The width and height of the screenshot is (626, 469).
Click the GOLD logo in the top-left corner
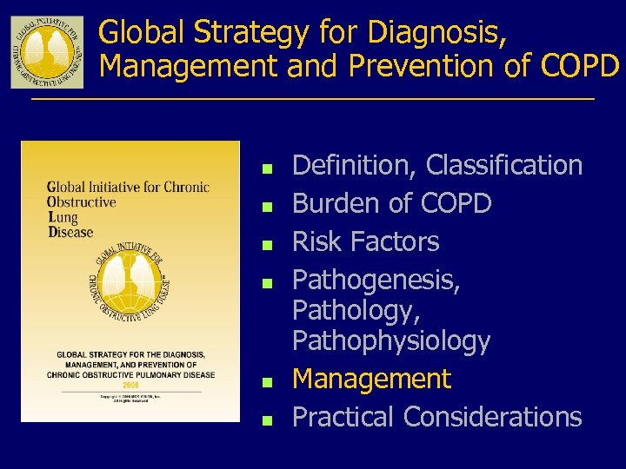click(47, 51)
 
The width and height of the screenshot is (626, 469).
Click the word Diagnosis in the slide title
click(434, 33)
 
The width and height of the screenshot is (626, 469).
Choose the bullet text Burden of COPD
click(392, 203)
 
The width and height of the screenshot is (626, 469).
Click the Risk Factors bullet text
click(366, 241)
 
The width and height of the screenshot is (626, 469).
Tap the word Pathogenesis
click(376, 280)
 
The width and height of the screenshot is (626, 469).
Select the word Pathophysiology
click(391, 340)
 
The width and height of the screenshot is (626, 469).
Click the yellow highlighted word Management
click(371, 379)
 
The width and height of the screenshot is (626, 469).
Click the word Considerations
click(492, 417)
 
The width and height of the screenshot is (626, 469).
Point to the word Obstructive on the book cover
click(82, 202)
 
